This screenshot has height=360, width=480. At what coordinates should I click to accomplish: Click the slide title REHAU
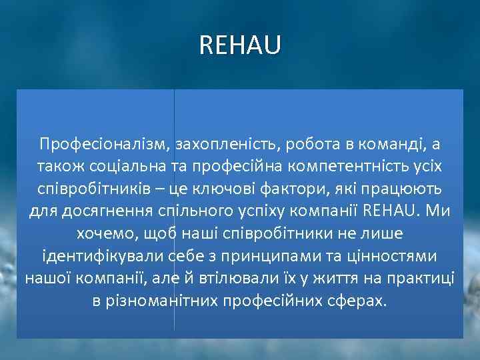point(240,45)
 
